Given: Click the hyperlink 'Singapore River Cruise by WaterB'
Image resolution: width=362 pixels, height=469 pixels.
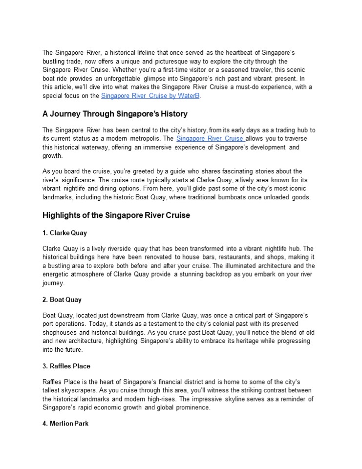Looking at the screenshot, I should [150, 96].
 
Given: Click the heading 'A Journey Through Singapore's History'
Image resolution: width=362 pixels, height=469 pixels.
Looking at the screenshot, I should [115, 114].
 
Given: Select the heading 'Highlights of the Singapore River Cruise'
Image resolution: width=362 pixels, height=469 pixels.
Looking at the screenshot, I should [116, 215].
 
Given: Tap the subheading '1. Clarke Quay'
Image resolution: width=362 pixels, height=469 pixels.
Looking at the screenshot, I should [64, 233].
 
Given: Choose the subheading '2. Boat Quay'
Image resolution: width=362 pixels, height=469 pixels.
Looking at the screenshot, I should [62, 299].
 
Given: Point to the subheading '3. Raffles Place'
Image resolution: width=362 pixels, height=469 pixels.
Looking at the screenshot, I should [66, 366].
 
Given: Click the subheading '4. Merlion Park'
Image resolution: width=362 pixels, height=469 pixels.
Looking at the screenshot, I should [65, 424].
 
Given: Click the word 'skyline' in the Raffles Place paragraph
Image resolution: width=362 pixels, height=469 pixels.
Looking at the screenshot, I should [233, 399].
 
